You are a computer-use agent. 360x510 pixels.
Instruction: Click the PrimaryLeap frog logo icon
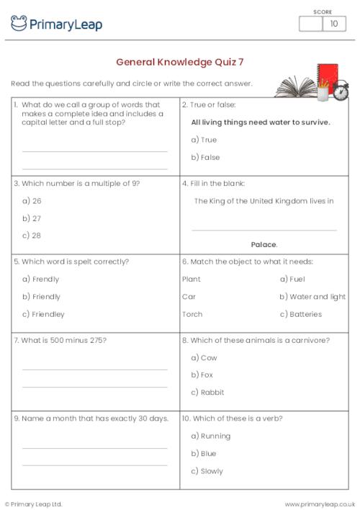tap(19, 23)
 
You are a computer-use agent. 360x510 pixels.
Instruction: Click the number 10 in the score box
tap(333, 24)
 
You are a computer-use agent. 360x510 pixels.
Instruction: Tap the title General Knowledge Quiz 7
tap(179, 62)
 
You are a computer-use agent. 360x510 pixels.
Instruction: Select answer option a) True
tap(204, 140)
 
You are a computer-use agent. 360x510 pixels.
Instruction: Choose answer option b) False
tap(205, 157)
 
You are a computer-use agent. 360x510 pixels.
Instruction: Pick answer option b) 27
tap(32, 218)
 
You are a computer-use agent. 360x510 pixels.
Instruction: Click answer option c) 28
tap(32, 236)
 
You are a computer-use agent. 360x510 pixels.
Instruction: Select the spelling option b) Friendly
tap(41, 297)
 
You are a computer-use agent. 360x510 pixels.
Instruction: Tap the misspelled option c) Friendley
tap(43, 314)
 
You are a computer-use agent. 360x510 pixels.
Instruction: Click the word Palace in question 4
tap(264, 245)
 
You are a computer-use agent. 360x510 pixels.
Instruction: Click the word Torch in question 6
tap(192, 314)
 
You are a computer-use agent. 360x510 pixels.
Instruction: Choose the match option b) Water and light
tap(312, 297)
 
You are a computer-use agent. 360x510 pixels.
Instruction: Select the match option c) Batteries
tap(300, 314)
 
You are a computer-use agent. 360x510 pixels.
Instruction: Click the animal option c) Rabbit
tap(207, 393)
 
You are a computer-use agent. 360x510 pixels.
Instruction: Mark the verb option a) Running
tap(210, 436)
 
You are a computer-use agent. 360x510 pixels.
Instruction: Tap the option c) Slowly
tap(207, 471)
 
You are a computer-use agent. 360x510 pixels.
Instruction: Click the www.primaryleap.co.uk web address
tap(320, 504)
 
